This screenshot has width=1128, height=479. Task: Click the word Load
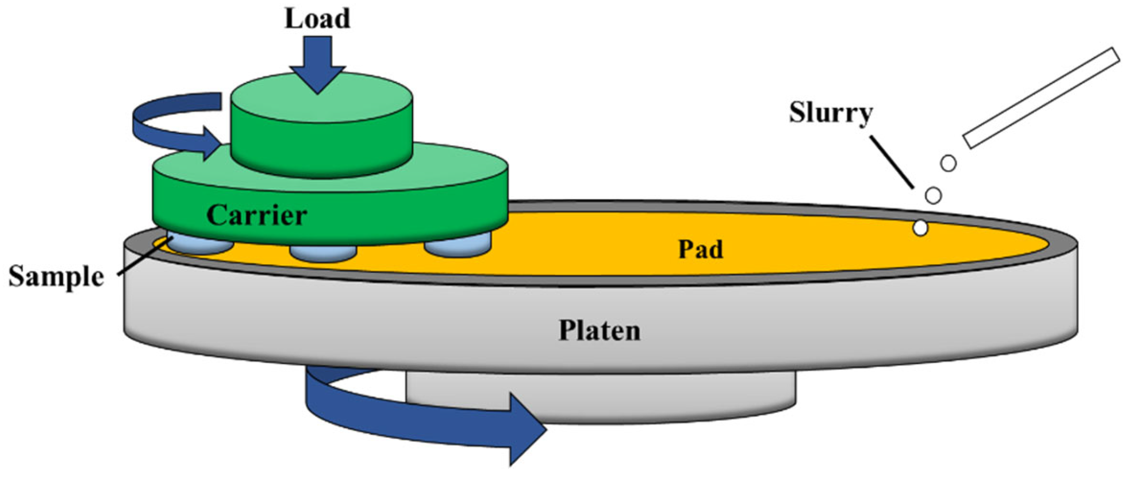(317, 19)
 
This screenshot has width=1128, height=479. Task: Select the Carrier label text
(256, 215)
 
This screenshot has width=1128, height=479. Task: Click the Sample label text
(56, 277)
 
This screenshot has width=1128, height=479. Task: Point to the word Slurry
(830, 113)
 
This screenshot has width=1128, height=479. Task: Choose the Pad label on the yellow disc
(700, 249)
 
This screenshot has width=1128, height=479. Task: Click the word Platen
(599, 331)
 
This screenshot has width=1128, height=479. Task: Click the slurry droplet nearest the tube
(948, 163)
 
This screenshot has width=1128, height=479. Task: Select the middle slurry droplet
(933, 195)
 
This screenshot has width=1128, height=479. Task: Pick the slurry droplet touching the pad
(920, 228)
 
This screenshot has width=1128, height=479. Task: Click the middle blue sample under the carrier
(323, 252)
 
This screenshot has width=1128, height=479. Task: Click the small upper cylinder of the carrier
(321, 132)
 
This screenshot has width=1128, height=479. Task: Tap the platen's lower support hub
(662, 397)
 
